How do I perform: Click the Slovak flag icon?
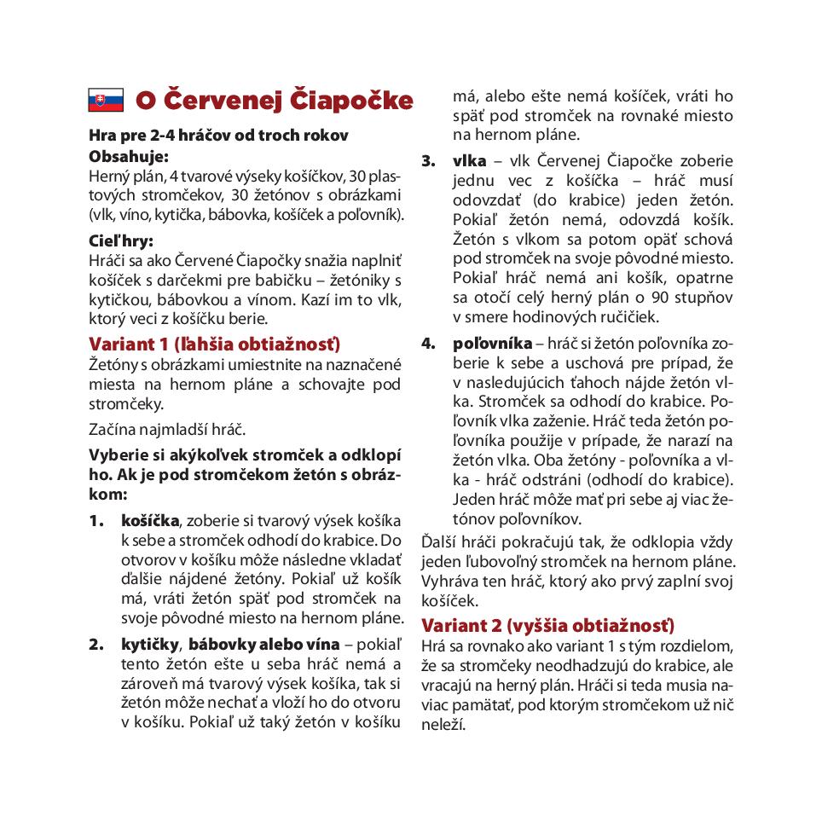point(106,101)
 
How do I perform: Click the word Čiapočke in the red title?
point(352,100)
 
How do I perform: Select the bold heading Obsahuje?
point(129,156)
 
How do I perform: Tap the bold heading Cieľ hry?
point(121,240)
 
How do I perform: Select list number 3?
point(428,161)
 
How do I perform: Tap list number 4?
point(428,344)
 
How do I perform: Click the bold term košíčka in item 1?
point(150,520)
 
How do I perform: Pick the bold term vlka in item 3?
point(470,161)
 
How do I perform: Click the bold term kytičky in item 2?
point(151,644)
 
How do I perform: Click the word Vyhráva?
point(449,582)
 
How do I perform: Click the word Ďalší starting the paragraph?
point(440,542)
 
